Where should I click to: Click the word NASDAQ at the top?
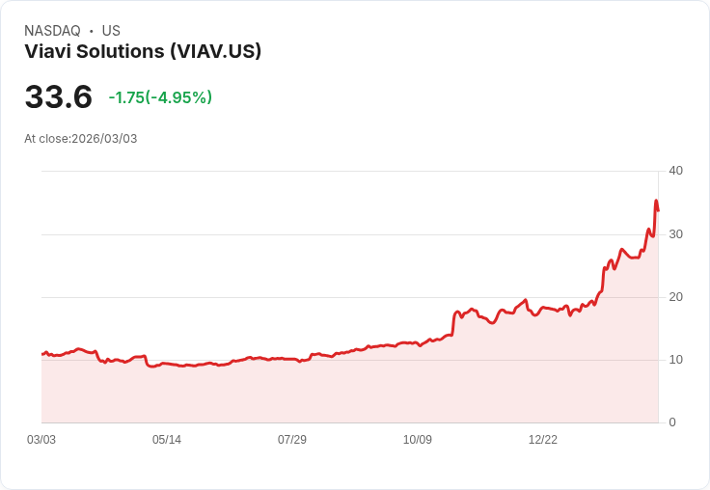(52, 31)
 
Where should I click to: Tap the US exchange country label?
(111, 31)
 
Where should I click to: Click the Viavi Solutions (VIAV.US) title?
(143, 52)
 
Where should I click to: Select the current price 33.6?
(58, 96)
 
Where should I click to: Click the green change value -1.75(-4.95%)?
(160, 97)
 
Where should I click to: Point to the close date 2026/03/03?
(104, 139)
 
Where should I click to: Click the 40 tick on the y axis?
(675, 171)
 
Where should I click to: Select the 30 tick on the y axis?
(675, 234)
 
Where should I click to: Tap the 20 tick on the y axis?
(675, 297)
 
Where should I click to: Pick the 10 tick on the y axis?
(675, 360)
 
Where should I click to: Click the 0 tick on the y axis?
(672, 422)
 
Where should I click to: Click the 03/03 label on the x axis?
(41, 440)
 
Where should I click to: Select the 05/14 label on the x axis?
(167, 440)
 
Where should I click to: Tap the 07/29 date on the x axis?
(292, 440)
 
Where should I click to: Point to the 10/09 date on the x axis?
(418, 440)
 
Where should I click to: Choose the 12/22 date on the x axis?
(543, 440)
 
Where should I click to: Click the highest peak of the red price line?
(656, 201)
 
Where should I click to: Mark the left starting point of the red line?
(42, 354)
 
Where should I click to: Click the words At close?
(46, 139)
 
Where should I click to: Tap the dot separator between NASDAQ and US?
(92, 31)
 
